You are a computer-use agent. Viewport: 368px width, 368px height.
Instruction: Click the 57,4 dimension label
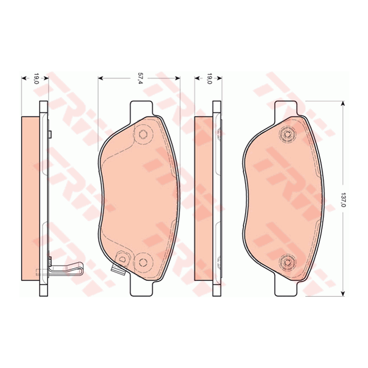139,79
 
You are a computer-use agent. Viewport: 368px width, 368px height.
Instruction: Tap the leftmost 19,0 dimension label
35,79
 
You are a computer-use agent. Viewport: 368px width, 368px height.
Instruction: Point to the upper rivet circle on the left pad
143,134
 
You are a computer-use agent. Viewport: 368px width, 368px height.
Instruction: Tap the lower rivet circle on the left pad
143,261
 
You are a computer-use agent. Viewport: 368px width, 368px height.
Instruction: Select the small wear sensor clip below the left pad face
119,269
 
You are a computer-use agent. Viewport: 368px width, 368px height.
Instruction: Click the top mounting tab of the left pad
142,108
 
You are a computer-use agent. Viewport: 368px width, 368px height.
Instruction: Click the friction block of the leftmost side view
31,198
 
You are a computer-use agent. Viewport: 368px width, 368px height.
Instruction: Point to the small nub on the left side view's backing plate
50,134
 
